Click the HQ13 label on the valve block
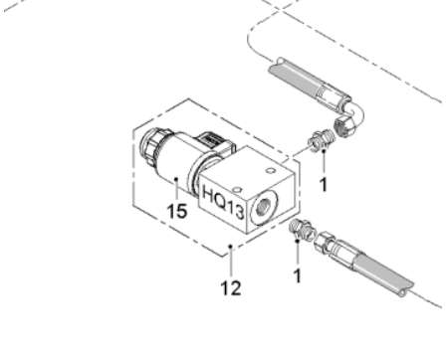pos(223,202)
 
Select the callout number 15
pos(177,211)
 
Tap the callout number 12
pos(231,288)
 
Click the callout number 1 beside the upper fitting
pos(324,184)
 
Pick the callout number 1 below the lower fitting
pos(298,275)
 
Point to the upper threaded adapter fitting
pos(322,141)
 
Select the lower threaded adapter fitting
pos(302,230)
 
